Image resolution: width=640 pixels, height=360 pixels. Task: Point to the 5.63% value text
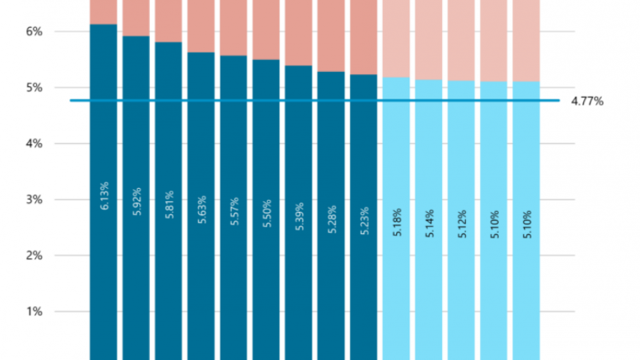click(202, 209)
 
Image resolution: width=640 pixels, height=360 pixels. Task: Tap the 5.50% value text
click(267, 213)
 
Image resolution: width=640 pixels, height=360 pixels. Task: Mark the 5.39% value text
click(299, 216)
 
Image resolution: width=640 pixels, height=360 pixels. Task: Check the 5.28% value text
click(331, 219)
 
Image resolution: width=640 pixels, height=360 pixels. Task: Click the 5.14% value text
click(429, 223)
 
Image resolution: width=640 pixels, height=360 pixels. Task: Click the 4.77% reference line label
click(587, 101)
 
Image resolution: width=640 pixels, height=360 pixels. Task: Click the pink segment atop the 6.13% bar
click(103, 11)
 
